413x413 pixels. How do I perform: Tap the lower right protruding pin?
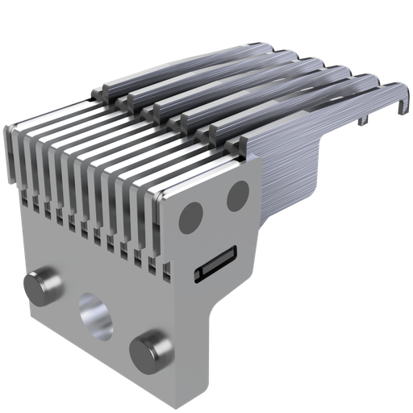[x=151, y=348]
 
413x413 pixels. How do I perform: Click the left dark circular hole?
[x=190, y=215]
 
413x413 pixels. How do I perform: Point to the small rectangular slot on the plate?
[x=215, y=264]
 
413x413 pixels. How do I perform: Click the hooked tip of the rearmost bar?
[x=399, y=98]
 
